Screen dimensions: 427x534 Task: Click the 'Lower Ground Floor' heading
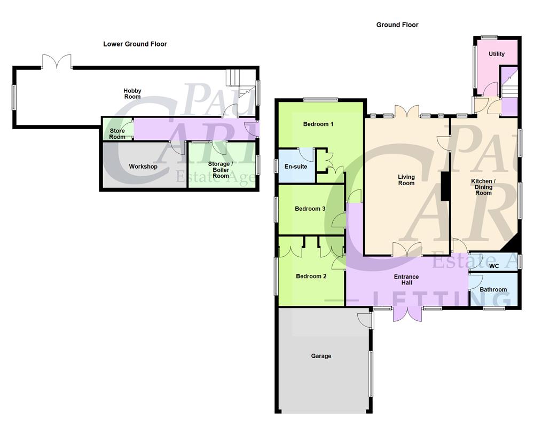pyautogui.click(x=135, y=44)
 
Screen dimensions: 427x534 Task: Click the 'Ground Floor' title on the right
pyautogui.click(x=397, y=25)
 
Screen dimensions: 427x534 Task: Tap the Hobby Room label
pyautogui.click(x=132, y=94)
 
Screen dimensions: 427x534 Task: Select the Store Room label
pyautogui.click(x=117, y=133)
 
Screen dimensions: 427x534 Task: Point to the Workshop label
pyautogui.click(x=143, y=167)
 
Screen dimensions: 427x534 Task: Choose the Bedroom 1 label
pyautogui.click(x=318, y=124)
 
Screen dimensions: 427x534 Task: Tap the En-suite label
pyautogui.click(x=295, y=167)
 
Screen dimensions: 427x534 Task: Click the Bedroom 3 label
pyautogui.click(x=310, y=209)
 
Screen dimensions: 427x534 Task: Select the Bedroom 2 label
pyautogui.click(x=311, y=276)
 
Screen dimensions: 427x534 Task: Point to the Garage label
pyautogui.click(x=321, y=356)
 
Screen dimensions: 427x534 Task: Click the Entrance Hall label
pyautogui.click(x=406, y=280)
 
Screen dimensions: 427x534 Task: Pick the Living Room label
pyautogui.click(x=406, y=180)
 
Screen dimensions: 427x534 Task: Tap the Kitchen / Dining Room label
pyautogui.click(x=483, y=187)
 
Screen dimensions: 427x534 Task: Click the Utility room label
pyautogui.click(x=497, y=54)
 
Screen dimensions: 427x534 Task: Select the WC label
pyautogui.click(x=494, y=266)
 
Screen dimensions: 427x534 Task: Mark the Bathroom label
pyautogui.click(x=493, y=290)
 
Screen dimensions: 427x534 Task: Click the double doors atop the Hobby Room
pyautogui.click(x=56, y=61)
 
